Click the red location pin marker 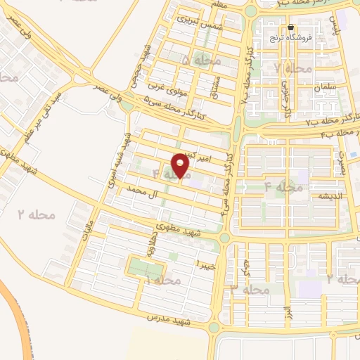tap(181, 165)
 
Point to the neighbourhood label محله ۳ tap(250, 288)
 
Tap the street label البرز tap(286, 311)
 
